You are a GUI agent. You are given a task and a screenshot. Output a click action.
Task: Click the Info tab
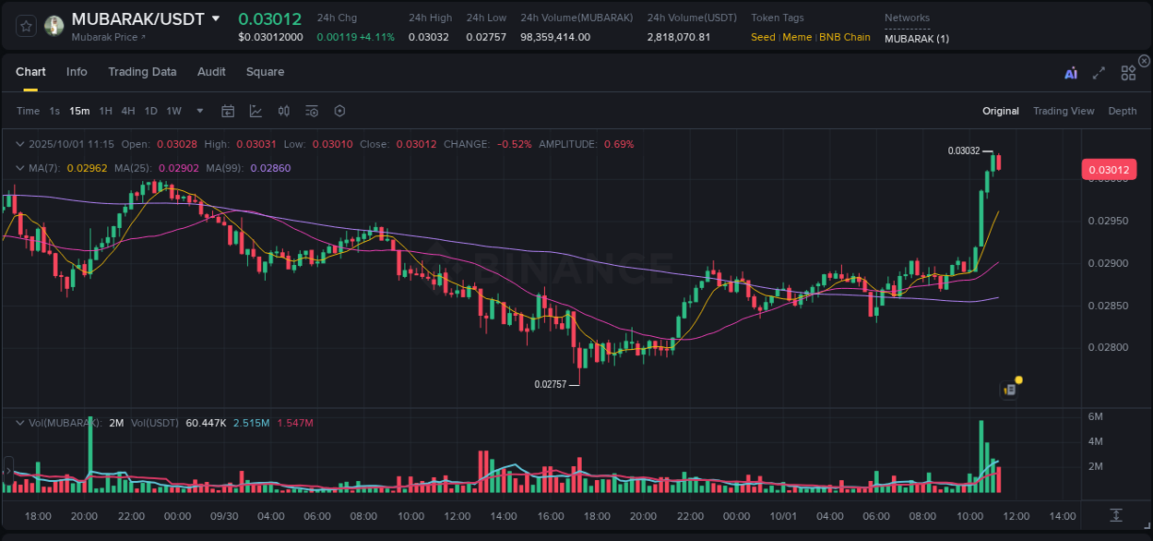tap(77, 72)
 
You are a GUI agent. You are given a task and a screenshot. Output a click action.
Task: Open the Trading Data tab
tap(142, 72)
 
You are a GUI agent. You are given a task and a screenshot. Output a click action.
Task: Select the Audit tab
tap(211, 72)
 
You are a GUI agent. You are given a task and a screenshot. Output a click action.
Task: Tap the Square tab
tap(265, 72)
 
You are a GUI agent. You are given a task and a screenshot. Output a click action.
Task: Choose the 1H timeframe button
tap(105, 111)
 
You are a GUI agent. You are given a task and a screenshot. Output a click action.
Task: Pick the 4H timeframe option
tap(127, 111)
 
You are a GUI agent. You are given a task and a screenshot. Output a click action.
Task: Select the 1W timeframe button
tap(173, 111)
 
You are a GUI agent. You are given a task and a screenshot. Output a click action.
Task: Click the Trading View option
tap(1064, 111)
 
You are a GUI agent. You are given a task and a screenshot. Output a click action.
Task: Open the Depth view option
tap(1123, 111)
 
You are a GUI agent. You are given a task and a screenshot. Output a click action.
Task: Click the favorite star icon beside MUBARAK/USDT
tap(26, 26)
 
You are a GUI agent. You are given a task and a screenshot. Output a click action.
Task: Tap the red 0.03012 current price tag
tap(1109, 169)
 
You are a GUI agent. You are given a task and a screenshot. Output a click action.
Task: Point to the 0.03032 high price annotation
tap(964, 150)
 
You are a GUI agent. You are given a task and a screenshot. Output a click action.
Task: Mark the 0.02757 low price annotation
tap(551, 383)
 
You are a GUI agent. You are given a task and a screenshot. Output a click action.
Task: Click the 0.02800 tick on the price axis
tap(1108, 347)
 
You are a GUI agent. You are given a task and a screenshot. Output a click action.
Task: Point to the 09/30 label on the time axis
tap(224, 516)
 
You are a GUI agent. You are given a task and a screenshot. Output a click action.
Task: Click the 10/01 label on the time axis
tap(783, 516)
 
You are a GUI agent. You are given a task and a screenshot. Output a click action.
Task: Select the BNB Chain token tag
tap(845, 38)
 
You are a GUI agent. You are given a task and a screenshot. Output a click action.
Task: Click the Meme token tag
tap(797, 38)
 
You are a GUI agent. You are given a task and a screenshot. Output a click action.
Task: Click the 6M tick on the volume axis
tap(1096, 416)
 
